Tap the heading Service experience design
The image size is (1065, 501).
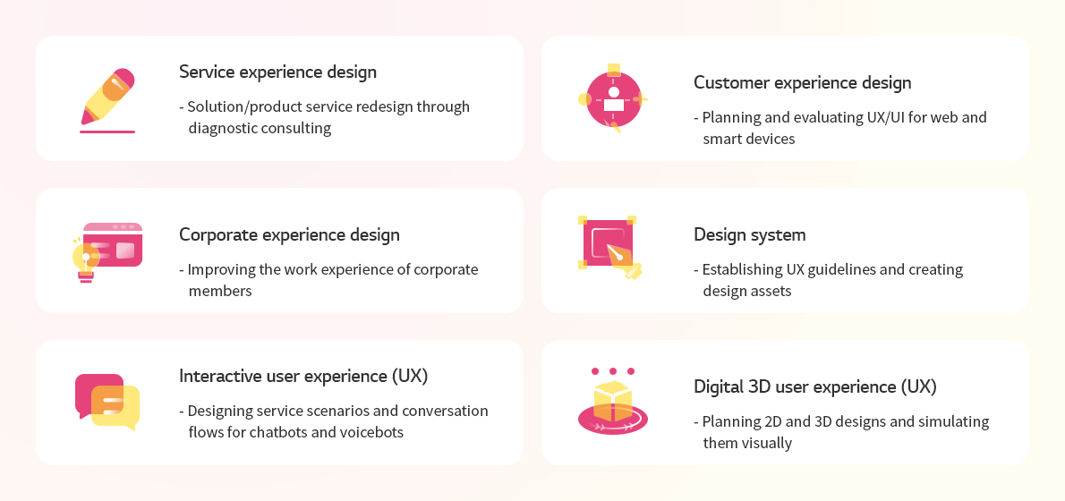[277, 72]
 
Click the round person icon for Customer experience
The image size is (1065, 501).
[613, 99]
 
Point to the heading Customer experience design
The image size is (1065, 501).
[802, 83]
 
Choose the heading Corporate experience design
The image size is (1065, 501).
[289, 235]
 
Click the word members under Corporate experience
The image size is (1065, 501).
[220, 292]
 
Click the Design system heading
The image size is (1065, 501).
[750, 235]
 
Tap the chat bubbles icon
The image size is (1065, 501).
[107, 401]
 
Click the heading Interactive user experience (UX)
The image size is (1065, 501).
[303, 376]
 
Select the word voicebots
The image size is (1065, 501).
[371, 432]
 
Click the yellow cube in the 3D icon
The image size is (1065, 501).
[613, 401]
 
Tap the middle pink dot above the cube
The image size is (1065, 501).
[613, 371]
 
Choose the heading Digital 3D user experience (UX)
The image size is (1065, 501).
[815, 387]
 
